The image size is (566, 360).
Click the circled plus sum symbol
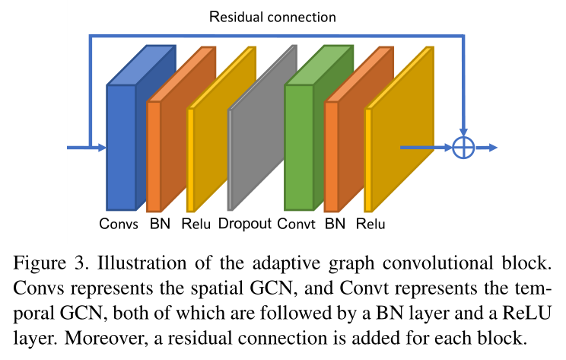point(463,147)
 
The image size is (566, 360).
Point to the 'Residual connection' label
point(272,15)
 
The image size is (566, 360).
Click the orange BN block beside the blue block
point(154,156)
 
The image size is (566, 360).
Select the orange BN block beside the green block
point(331,156)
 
